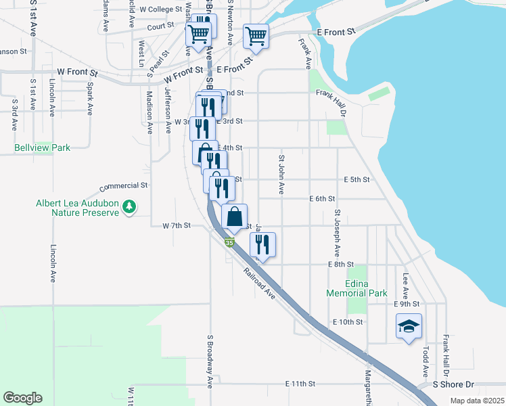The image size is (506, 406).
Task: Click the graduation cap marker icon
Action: (409, 327)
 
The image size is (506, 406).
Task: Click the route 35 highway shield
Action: (231, 242)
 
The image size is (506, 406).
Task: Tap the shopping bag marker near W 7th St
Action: (234, 217)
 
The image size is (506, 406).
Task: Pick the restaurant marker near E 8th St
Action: (262, 244)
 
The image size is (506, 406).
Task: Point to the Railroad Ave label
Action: (260, 284)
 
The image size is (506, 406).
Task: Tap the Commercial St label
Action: (124, 185)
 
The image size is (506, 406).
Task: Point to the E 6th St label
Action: (322, 199)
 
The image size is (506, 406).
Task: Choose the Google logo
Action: (22, 398)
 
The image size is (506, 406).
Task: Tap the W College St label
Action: (161, 10)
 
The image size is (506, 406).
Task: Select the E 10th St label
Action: (348, 322)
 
